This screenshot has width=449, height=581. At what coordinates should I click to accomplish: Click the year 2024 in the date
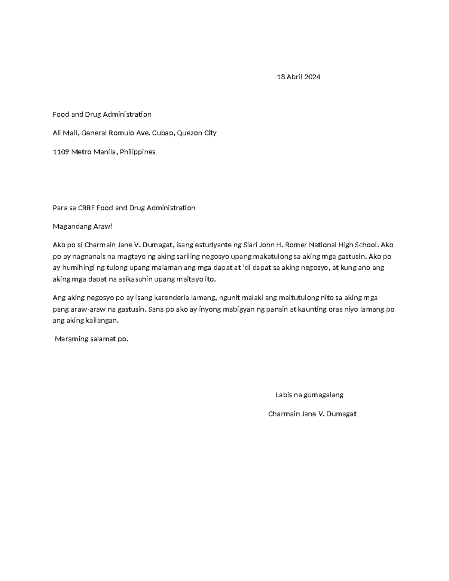[312, 77]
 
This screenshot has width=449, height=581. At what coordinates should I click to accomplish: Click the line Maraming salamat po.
[91, 339]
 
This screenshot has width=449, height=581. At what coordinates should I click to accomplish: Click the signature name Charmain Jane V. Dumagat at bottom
[312, 414]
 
